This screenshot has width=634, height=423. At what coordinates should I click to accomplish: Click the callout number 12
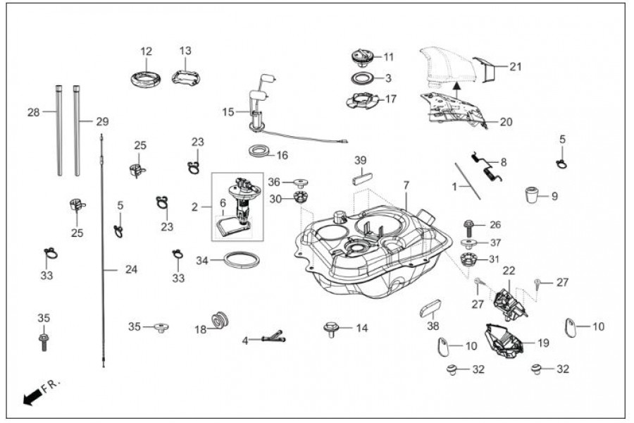(x=146, y=51)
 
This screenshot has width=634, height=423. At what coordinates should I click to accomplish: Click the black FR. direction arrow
(x=32, y=399)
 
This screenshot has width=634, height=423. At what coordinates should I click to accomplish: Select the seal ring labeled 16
(x=260, y=150)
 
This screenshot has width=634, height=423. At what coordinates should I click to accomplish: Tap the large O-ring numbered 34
(x=242, y=259)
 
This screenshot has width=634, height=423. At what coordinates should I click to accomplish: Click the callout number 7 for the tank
(x=406, y=185)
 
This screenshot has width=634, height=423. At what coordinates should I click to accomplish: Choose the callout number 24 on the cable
(x=131, y=269)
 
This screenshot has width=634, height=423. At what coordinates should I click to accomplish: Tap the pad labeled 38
(x=430, y=308)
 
